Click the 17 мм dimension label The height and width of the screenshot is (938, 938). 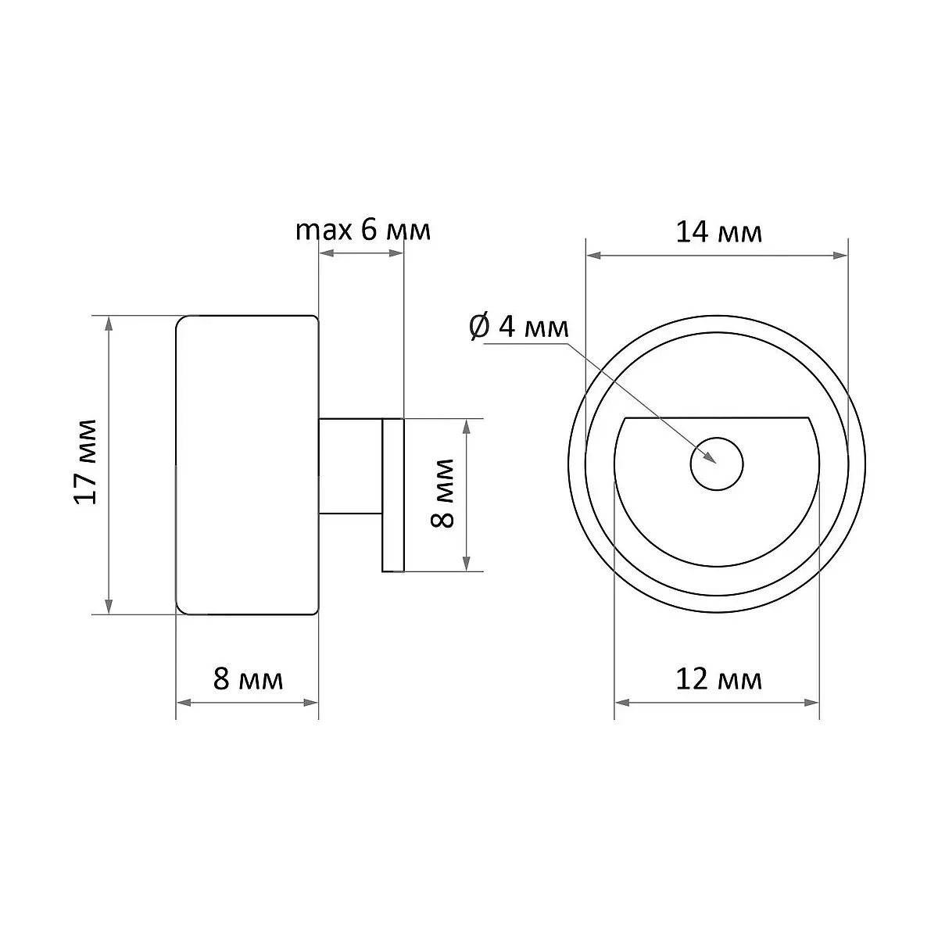click(x=86, y=461)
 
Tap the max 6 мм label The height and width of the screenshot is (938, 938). click(x=363, y=230)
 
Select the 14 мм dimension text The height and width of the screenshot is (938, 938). click(x=719, y=232)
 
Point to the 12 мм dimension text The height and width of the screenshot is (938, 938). click(x=719, y=679)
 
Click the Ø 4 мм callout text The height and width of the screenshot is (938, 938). click(x=519, y=327)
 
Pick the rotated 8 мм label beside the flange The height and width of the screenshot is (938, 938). click(x=442, y=493)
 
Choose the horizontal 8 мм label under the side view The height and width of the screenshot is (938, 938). click(x=248, y=679)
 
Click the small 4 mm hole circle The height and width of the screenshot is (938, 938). click(x=717, y=464)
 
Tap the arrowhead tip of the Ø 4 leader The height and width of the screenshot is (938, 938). click(x=715, y=463)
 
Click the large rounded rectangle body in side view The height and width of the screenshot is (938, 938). click(x=247, y=465)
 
